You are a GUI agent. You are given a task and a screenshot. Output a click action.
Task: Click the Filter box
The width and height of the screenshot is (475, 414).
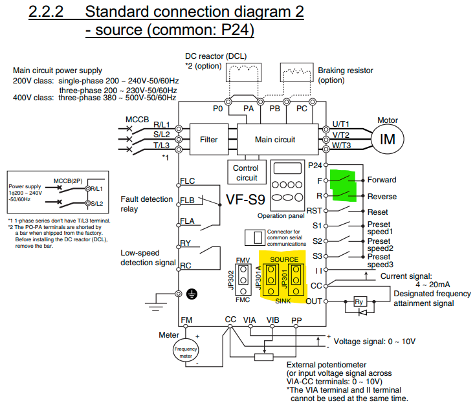click(x=208, y=139)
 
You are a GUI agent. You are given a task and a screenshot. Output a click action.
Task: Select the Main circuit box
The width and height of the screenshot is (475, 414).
click(x=274, y=139)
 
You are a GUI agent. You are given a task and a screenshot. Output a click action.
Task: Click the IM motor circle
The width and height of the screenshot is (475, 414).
click(x=387, y=139)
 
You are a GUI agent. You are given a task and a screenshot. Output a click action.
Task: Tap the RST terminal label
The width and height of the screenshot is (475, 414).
click(x=314, y=211)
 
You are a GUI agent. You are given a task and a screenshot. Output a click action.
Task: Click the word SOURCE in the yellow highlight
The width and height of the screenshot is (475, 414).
click(x=284, y=259)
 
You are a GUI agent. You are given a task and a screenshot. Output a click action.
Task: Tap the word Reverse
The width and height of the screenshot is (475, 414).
click(x=382, y=197)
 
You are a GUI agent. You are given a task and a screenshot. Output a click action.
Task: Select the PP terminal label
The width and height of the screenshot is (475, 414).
click(x=296, y=320)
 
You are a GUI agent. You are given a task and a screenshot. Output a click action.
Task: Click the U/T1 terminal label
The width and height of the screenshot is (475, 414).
click(x=340, y=124)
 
